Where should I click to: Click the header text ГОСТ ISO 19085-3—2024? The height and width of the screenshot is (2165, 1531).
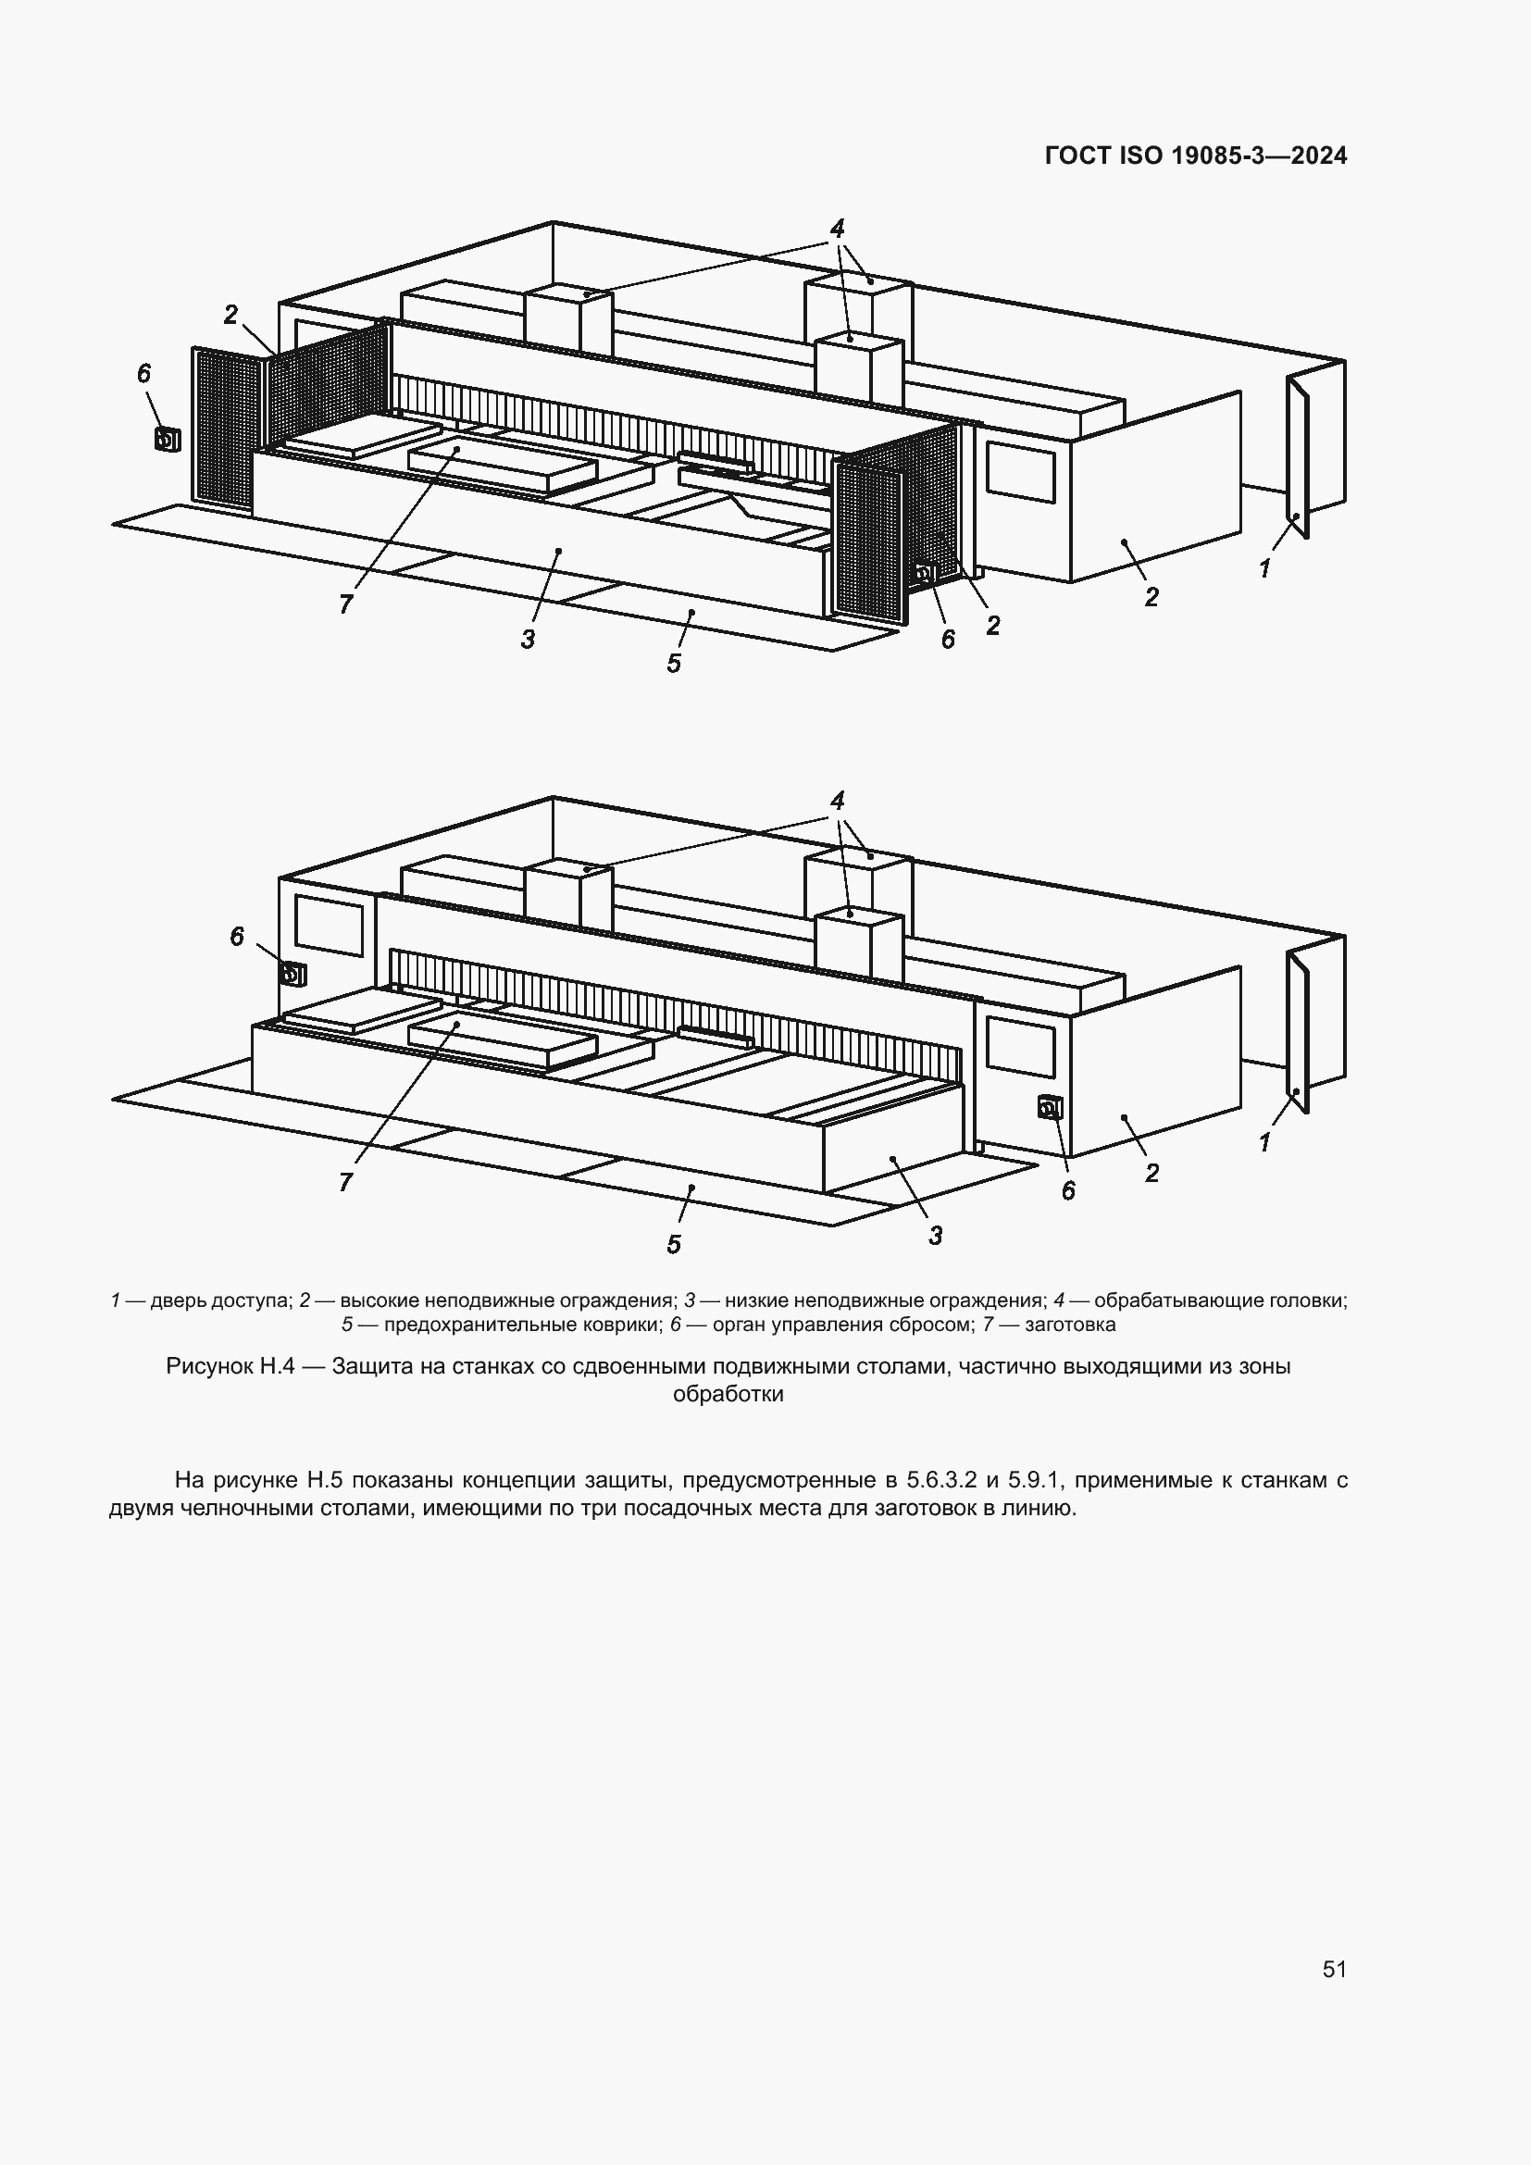point(1195,156)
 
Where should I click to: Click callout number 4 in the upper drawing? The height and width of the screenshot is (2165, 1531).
point(837,228)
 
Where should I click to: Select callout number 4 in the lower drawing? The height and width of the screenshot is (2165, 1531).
point(837,801)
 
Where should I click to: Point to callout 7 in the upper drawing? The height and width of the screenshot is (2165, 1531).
point(346,604)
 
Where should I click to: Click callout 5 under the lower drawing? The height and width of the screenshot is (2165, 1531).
point(673,1245)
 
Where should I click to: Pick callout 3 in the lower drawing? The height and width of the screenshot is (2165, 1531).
point(934,1236)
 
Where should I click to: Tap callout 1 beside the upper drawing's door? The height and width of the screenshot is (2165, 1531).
point(1264,568)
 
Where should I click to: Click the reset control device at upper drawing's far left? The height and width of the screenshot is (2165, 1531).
point(167,440)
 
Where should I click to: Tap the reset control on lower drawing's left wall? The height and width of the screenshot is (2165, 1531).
point(293,974)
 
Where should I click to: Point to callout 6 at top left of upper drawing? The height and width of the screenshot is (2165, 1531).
point(143,374)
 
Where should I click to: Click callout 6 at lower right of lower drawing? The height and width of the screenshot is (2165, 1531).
point(1067,1191)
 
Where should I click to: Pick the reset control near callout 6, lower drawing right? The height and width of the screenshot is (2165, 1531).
point(1050,1107)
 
